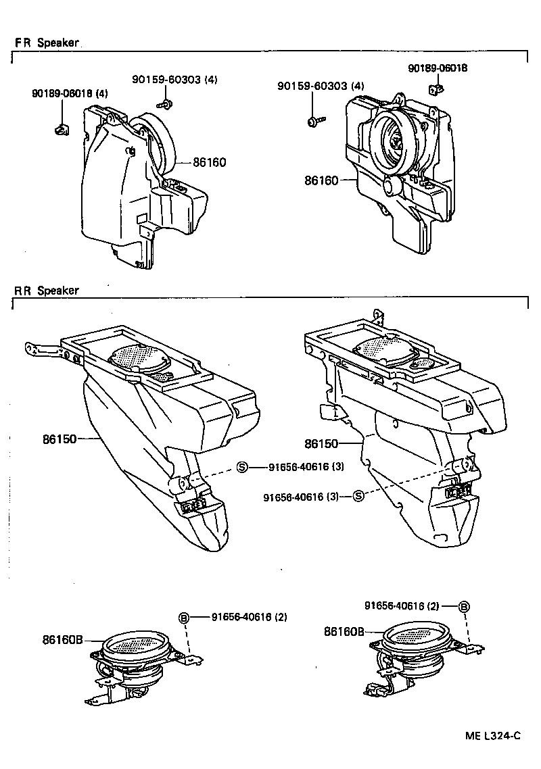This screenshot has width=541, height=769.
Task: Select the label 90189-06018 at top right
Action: (x=438, y=68)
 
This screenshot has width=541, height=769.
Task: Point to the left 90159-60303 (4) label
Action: (x=174, y=80)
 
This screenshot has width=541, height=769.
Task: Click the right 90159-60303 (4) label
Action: (x=321, y=86)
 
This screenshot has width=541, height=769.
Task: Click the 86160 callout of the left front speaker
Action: (x=209, y=162)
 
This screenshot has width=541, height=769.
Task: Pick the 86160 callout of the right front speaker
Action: (x=321, y=180)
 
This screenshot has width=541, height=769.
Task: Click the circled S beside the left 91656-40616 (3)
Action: (x=242, y=467)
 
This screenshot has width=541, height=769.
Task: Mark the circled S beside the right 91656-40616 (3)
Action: (x=358, y=497)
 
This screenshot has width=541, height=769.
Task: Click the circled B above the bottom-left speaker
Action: (x=183, y=617)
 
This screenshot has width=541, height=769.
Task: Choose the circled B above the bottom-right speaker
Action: (x=464, y=606)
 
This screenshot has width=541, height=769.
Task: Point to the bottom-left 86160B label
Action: (x=62, y=638)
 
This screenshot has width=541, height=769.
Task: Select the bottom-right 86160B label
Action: (x=344, y=632)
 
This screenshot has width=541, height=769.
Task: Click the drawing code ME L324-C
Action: (x=493, y=737)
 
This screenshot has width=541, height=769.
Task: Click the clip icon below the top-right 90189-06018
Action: (x=437, y=88)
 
